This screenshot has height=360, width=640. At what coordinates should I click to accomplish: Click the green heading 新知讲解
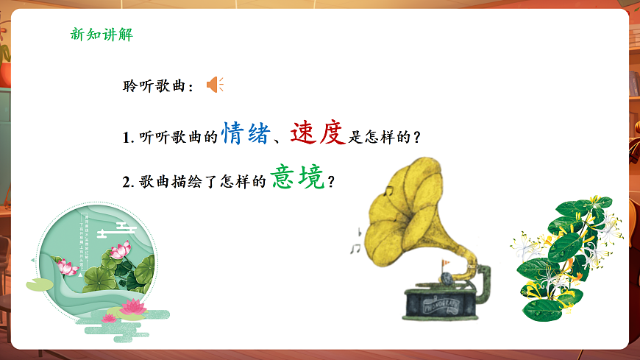pos(101,35)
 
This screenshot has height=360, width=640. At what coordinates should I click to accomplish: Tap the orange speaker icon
pos(214,85)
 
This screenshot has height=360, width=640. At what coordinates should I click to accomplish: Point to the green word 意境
pos(298,177)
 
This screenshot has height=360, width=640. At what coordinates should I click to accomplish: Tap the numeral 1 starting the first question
pos(126,138)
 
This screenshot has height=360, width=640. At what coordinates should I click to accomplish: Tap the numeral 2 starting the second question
pos(127,182)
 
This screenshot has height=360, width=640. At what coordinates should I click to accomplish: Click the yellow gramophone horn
pos(413,205)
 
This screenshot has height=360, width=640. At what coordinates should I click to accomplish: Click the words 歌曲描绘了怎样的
pos(202,182)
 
